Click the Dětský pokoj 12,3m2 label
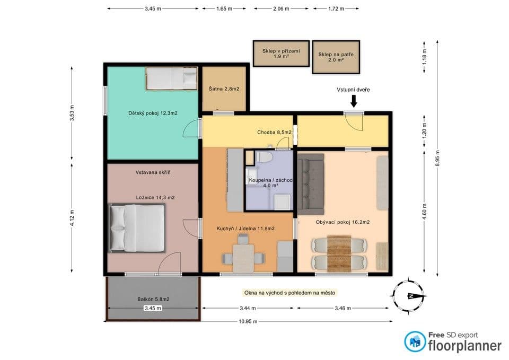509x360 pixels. pyautogui.click(x=153, y=113)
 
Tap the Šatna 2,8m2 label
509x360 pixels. pyautogui.click(x=224, y=89)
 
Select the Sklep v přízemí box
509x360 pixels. pyautogui.click(x=281, y=54)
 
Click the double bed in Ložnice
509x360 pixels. pyautogui.click(x=138, y=228)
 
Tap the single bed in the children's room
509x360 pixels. pyautogui.click(x=171, y=80)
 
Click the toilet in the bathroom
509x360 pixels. pyautogui.click(x=264, y=157)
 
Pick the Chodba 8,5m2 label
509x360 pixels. pyautogui.click(x=275, y=132)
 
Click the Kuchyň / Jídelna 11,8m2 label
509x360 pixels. pyautogui.click(x=245, y=229)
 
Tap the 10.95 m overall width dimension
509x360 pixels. pyautogui.click(x=248, y=321)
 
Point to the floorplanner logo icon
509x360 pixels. pyautogui.click(x=415, y=341)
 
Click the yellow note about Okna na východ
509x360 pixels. pyautogui.click(x=289, y=293)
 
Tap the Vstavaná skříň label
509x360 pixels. pyautogui.click(x=153, y=172)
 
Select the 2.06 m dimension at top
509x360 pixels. pyautogui.click(x=282, y=9)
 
